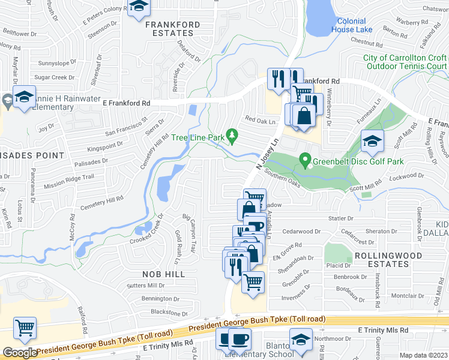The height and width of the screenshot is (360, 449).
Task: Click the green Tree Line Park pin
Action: [231, 134]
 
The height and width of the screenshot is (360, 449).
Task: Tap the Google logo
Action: [20, 353]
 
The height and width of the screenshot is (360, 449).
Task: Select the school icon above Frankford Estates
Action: [140, 7]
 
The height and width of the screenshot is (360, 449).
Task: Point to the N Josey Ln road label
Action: [268, 154]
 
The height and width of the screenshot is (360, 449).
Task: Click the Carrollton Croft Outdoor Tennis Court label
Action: [405, 62]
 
